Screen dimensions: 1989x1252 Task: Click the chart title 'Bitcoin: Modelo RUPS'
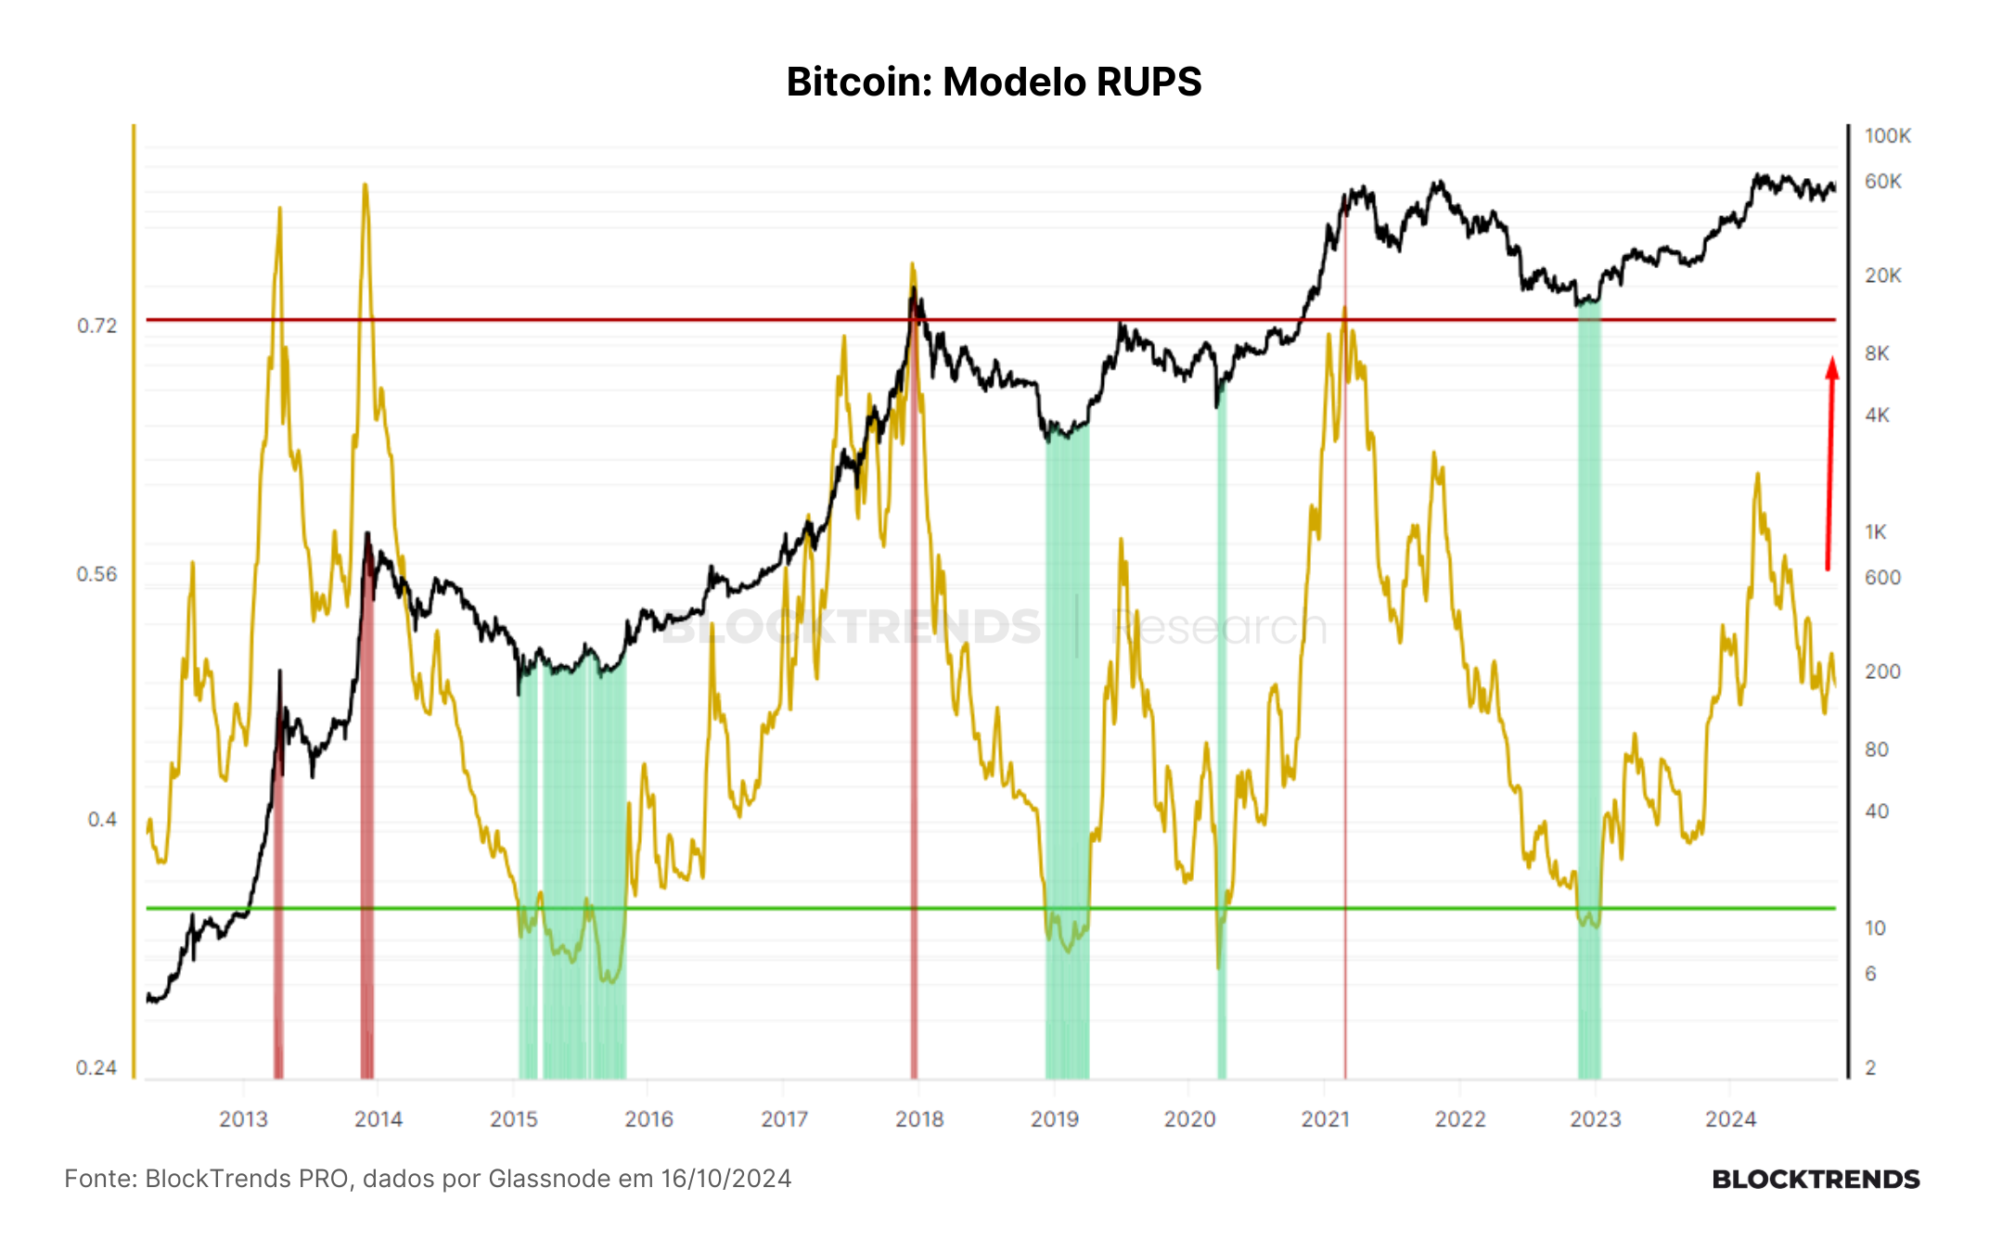pyautogui.click(x=994, y=82)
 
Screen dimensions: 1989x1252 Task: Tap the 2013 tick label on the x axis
pyautogui.click(x=243, y=1119)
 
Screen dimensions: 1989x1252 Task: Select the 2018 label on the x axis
pyautogui.click(x=919, y=1119)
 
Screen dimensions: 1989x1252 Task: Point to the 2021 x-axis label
pyautogui.click(x=1325, y=1119)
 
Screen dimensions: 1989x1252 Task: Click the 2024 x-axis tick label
pyautogui.click(x=1730, y=1119)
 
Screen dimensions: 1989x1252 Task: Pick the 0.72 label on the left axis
pyautogui.click(x=97, y=326)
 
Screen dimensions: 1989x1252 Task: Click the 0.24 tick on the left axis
pyautogui.click(x=96, y=1067)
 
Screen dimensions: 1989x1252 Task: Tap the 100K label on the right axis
pyautogui.click(x=1888, y=136)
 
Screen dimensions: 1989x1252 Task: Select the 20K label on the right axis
pyautogui.click(x=1883, y=275)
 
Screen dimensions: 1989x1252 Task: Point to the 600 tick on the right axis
pyautogui.click(x=1883, y=577)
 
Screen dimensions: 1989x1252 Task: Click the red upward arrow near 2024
pyautogui.click(x=1830, y=464)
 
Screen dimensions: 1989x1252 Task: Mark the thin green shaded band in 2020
pyautogui.click(x=1222, y=733)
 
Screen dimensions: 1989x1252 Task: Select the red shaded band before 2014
pyautogui.click(x=367, y=807)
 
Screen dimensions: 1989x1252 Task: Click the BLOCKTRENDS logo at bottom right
pyautogui.click(x=1816, y=1180)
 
